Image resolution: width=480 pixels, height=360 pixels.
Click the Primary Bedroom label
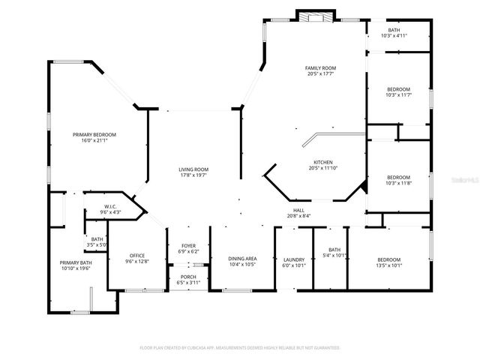pos(94,135)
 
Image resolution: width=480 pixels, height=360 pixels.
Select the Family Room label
pos(320,68)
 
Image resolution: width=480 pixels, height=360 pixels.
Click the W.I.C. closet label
pos(109,207)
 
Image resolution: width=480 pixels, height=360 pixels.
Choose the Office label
pos(136,256)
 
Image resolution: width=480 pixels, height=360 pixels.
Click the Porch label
pos(189,277)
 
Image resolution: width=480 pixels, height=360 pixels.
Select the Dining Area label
pos(241,259)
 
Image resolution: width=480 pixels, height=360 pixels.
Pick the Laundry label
pos(293,259)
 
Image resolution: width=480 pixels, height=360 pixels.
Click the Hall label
pos(298,211)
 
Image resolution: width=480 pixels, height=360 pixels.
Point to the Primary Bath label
pos(75,262)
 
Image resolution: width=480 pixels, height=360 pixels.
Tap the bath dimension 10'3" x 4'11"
pos(394,35)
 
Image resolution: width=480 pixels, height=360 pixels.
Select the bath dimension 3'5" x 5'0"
pos(97,245)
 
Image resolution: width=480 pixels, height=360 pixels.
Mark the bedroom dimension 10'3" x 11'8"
pos(398,183)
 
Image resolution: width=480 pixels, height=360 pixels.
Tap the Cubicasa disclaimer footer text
pos(240,348)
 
